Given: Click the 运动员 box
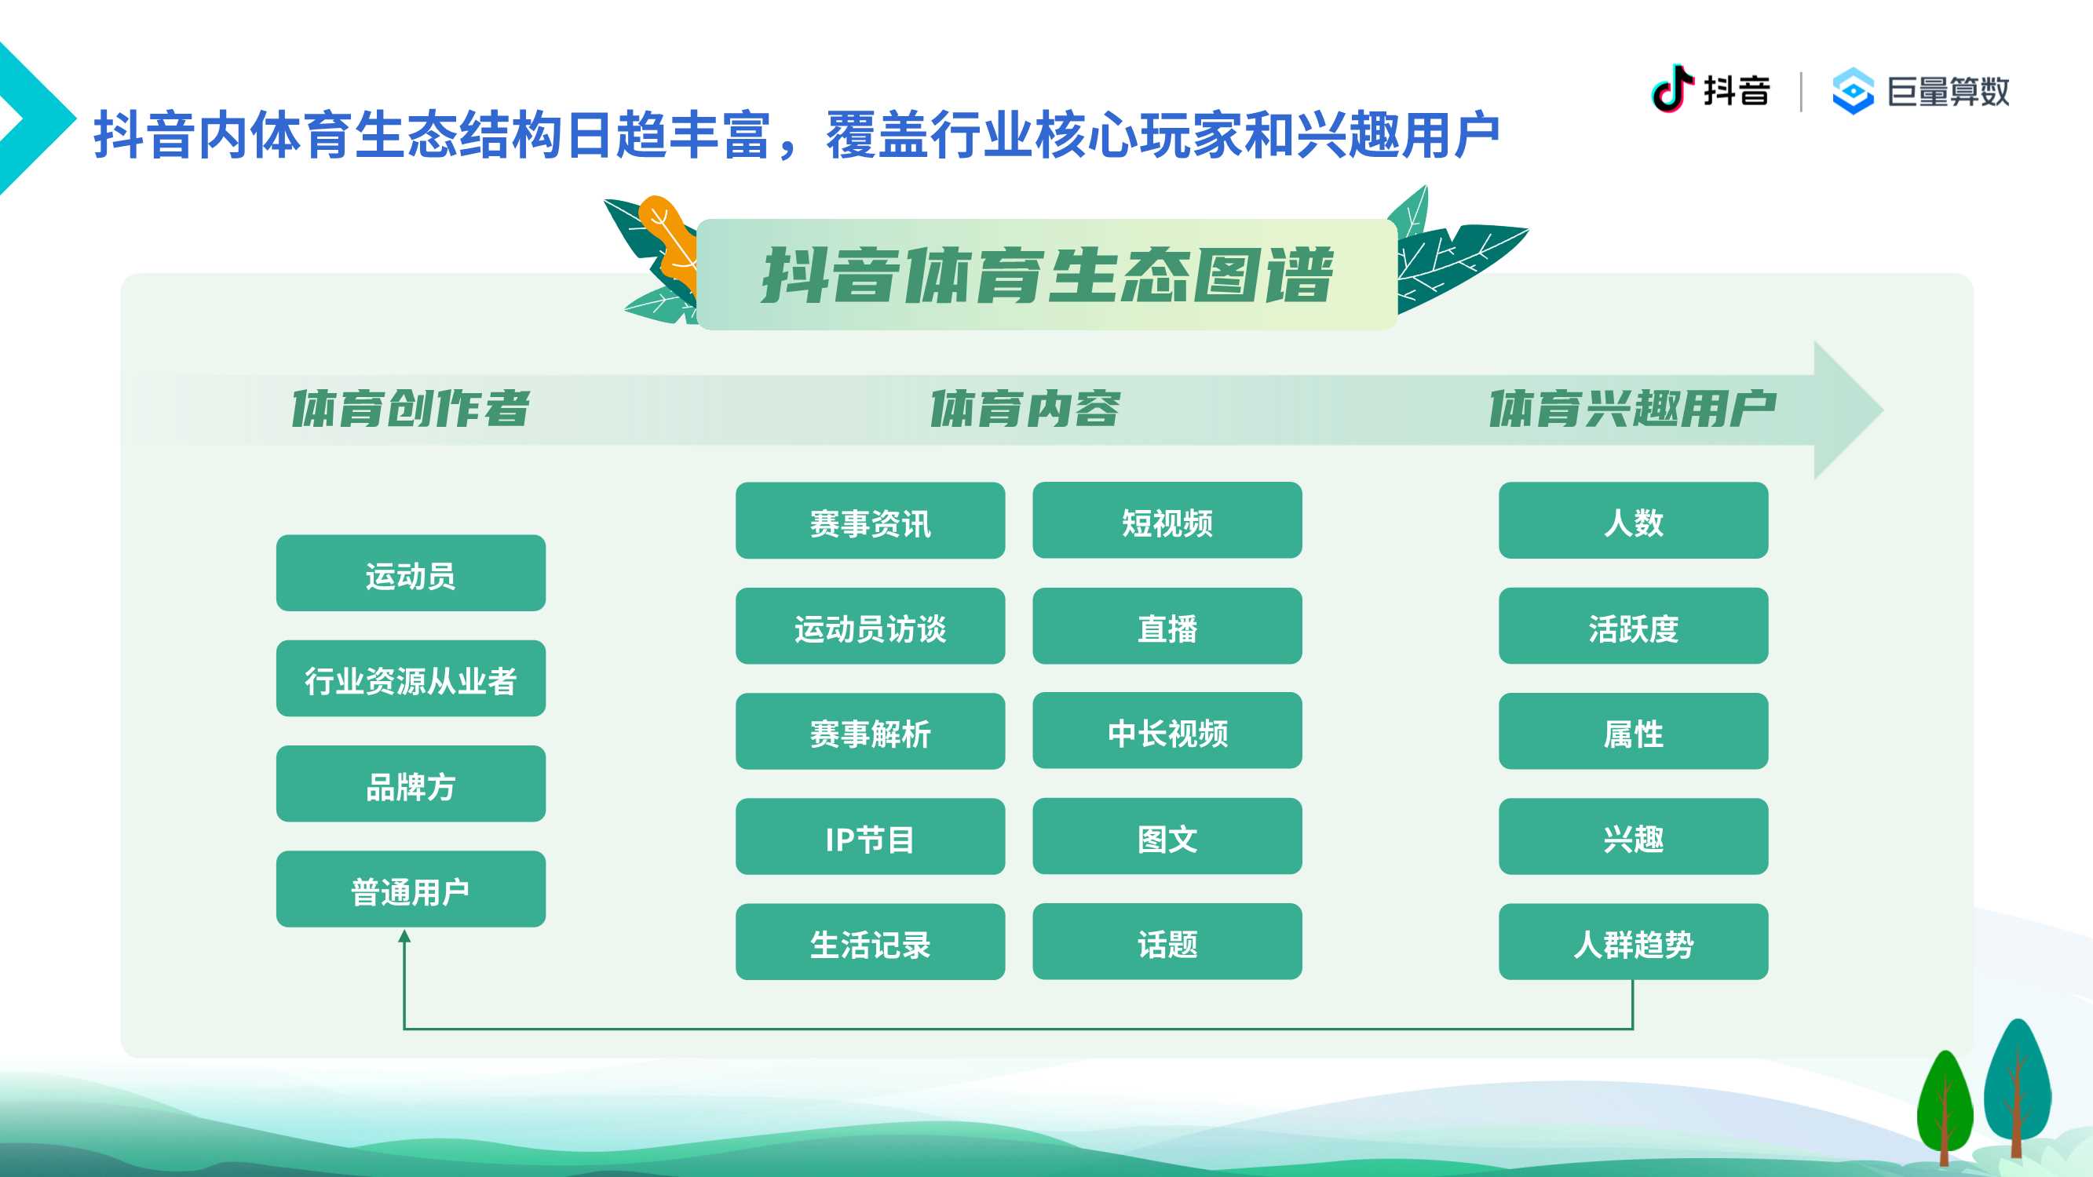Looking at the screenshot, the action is (411, 573).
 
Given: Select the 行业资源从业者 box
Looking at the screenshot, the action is (411, 678).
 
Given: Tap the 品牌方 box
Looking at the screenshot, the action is (411, 784).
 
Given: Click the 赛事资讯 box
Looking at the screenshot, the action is (870, 521).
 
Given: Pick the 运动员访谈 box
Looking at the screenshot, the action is (870, 625).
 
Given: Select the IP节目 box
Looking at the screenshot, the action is (870, 836).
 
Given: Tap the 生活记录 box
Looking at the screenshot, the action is (870, 942).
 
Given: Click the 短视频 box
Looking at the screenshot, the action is (1167, 521).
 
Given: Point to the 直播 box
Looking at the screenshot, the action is (1167, 625).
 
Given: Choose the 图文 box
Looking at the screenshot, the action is (1167, 836).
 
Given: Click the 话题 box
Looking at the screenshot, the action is (1167, 942).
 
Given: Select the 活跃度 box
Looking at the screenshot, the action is (1633, 625).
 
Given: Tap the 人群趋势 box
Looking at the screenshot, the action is (1633, 942).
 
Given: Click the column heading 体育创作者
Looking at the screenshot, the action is (411, 408).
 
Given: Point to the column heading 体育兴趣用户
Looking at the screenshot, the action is (1632, 408).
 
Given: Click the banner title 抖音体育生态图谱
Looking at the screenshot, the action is (1047, 275).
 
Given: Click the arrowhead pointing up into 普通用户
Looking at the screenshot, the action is (404, 936).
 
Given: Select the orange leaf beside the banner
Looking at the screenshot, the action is (669, 240).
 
